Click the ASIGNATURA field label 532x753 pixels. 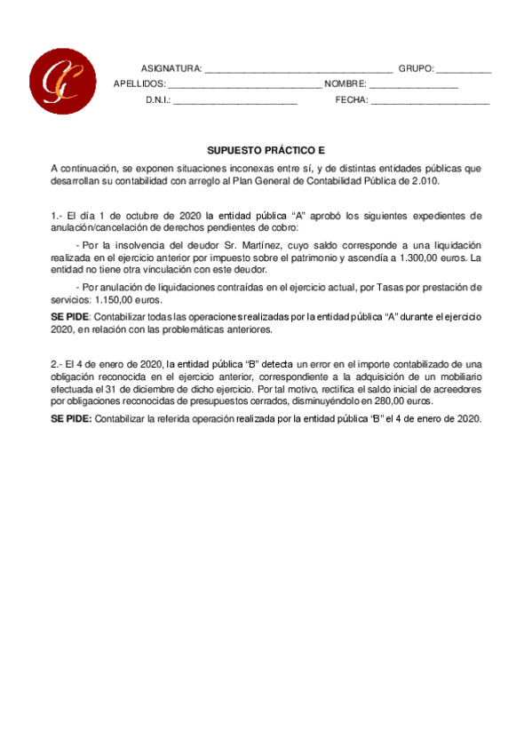tap(171, 68)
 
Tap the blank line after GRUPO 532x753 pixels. tap(464, 69)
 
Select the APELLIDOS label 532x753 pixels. tap(139, 84)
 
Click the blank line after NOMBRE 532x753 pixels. tap(414, 85)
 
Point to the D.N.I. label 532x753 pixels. tap(157, 100)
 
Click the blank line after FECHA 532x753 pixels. tap(430, 101)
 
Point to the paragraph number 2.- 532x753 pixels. tap(57, 363)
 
